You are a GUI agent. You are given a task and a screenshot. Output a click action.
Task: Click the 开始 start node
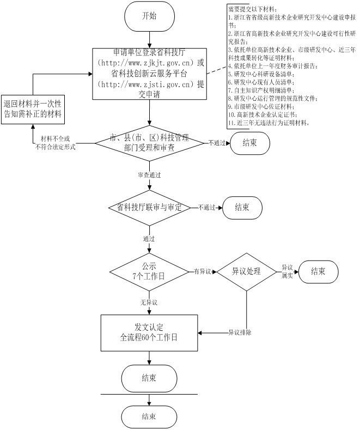pyautogui.click(x=149, y=16)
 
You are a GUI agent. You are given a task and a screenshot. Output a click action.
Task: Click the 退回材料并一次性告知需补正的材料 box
pyautogui.click(x=32, y=108)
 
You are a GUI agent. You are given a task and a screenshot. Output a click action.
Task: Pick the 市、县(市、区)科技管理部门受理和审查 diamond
pyautogui.click(x=149, y=143)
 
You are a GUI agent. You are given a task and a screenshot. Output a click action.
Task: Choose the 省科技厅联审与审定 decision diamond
pyautogui.click(x=149, y=208)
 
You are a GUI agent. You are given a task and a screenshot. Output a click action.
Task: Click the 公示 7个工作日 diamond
pyautogui.click(x=149, y=271)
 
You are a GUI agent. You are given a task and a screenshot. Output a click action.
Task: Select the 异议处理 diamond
pyautogui.click(x=246, y=271)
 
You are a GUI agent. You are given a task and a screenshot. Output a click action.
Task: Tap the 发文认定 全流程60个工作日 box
pyautogui.click(x=149, y=332)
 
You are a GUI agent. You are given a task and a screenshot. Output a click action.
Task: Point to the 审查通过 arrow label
pyautogui.click(x=149, y=175)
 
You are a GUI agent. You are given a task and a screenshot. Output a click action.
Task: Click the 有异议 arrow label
pyautogui.click(x=203, y=271)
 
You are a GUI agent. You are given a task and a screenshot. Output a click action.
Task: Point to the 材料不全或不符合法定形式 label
pyautogui.click(x=54, y=143)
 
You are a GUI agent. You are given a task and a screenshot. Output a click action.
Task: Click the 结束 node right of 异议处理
pyautogui.click(x=318, y=271)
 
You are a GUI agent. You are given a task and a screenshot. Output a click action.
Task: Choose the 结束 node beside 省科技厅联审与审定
pyautogui.click(x=242, y=208)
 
